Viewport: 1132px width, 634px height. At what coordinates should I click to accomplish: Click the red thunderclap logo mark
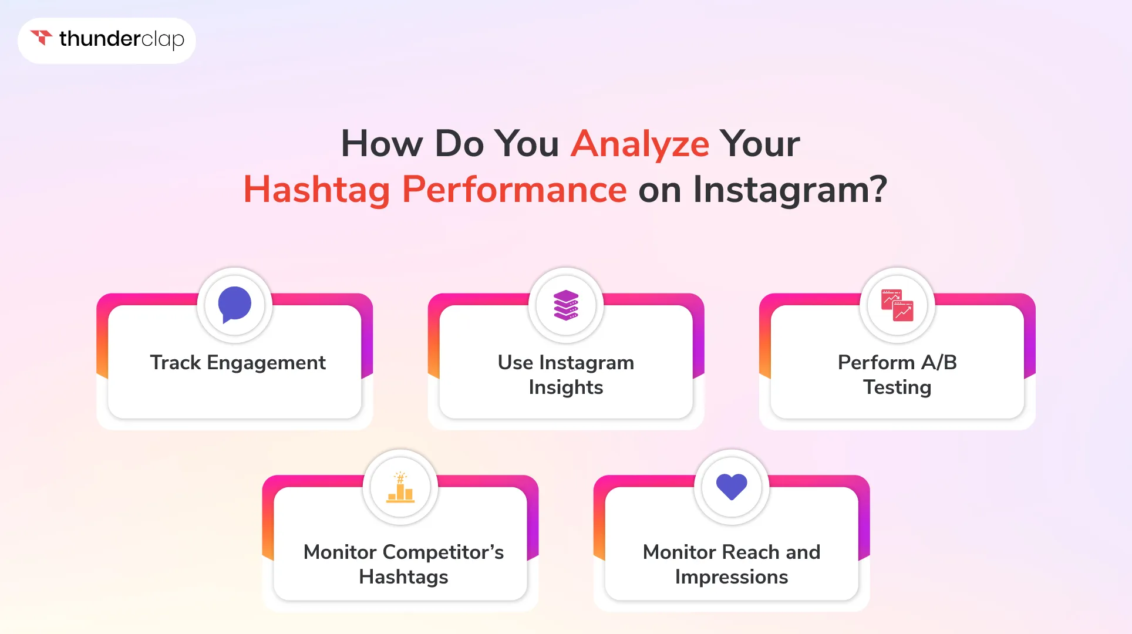[41, 38]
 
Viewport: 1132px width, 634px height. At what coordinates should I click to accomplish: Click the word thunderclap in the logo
[122, 39]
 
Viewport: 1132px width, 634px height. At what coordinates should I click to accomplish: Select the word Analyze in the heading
[640, 144]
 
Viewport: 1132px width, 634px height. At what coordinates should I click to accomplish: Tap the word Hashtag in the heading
[316, 190]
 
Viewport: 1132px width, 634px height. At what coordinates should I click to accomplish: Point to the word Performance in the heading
[514, 189]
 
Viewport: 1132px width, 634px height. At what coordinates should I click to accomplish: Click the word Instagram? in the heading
[790, 190]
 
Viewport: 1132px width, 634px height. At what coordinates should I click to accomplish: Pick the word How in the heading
[382, 144]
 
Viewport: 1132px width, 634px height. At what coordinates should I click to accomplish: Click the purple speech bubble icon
[235, 305]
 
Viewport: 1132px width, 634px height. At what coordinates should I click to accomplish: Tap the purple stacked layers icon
[566, 305]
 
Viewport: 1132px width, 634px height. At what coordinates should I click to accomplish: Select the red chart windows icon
[897, 305]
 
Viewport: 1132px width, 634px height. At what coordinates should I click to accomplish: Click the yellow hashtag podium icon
[400, 487]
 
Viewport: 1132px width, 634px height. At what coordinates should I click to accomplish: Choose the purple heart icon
[732, 487]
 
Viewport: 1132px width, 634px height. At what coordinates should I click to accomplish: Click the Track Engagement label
[238, 363]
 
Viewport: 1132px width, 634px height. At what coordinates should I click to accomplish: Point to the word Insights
[565, 387]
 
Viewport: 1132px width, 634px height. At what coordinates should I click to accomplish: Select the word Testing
[897, 387]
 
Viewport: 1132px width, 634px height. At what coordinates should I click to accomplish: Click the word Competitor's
[443, 552]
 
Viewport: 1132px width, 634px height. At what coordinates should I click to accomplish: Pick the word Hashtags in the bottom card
[403, 577]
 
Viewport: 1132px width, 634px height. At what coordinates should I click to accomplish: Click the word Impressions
[731, 577]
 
